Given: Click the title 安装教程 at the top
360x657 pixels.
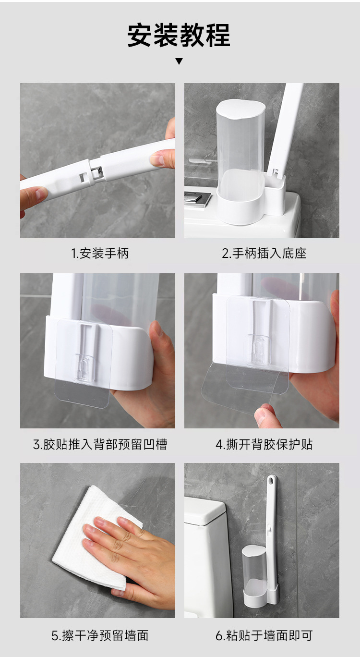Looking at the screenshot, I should point(179,36).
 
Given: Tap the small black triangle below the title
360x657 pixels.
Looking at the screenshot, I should point(179,61).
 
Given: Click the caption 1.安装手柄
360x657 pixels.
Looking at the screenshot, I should point(100,254).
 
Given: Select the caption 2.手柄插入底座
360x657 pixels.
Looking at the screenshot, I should point(264,254).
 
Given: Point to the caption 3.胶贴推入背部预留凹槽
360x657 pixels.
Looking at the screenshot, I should point(100,444).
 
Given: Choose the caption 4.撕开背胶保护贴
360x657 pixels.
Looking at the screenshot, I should point(264,444).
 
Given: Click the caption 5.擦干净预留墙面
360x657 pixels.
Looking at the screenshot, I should point(100,636).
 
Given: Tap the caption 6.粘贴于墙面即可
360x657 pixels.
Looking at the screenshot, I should point(264,636).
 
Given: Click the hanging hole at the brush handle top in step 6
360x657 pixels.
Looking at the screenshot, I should point(272,480).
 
